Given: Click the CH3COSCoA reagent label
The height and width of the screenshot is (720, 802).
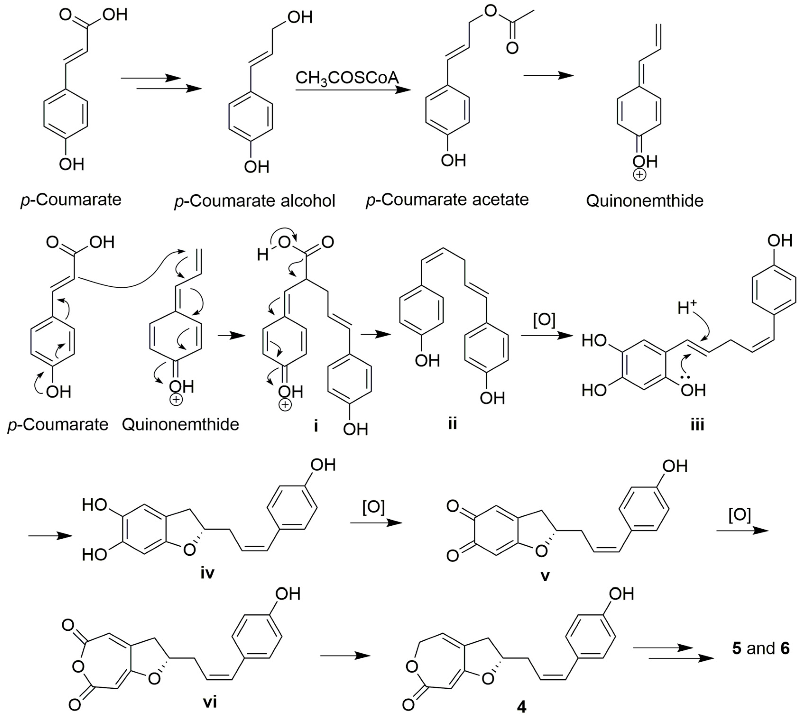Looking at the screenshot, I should click(x=347, y=78).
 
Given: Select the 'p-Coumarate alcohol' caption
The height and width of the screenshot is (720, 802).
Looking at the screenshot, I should click(x=254, y=201).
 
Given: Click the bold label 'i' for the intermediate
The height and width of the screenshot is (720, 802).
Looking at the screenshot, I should click(x=316, y=427).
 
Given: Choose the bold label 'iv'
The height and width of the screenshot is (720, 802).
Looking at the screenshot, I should click(x=207, y=573).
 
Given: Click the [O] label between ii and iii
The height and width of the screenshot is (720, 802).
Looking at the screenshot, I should click(x=544, y=320).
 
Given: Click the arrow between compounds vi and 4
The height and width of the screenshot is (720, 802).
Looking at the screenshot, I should click(x=345, y=656).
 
